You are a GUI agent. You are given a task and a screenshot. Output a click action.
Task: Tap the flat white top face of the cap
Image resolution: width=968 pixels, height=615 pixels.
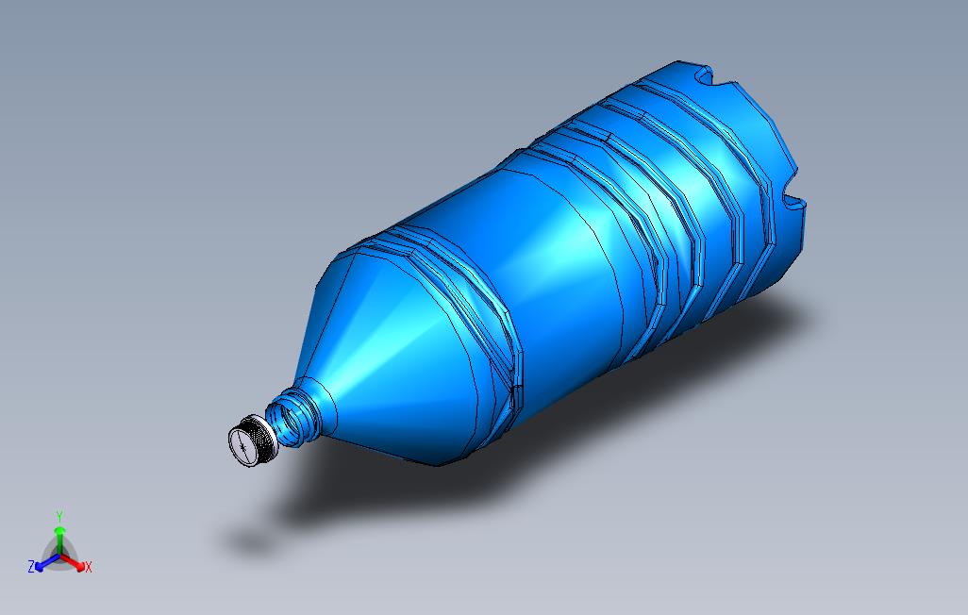click(243, 445)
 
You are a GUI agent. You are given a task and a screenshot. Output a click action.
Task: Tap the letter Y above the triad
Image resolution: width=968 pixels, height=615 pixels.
click(59, 516)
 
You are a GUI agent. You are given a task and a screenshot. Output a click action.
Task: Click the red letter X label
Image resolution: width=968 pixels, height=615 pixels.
click(89, 567)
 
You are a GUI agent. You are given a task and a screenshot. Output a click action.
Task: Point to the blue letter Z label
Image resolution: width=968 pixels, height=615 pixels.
click(31, 567)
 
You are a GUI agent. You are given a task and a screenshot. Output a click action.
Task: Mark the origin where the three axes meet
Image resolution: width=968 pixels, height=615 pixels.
click(59, 556)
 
